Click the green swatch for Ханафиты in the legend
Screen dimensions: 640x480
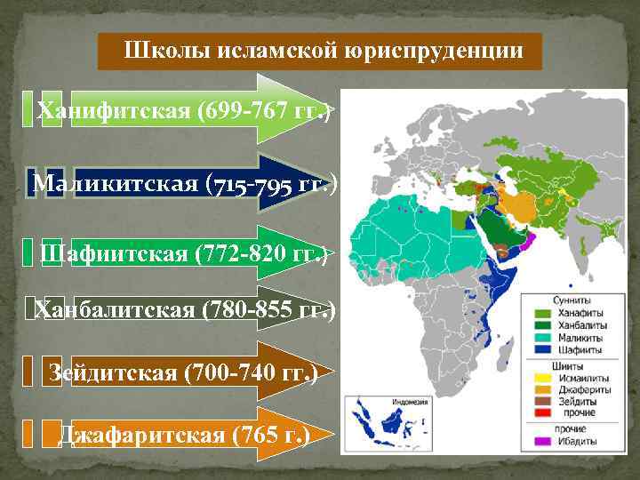540,314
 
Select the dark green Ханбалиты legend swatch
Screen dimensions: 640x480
540,326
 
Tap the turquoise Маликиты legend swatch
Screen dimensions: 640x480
540,339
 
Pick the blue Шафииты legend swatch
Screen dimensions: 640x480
540,351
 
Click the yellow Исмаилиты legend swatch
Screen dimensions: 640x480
540,377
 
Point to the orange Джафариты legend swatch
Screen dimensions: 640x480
540,389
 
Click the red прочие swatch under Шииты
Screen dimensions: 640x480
540,414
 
